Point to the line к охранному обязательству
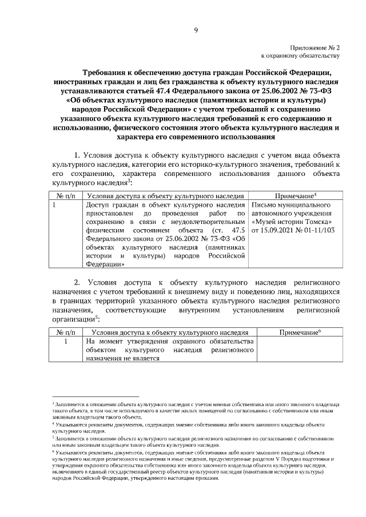(301, 56)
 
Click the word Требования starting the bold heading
(106, 73)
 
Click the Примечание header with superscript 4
(296, 195)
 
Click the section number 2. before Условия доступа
(79, 282)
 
